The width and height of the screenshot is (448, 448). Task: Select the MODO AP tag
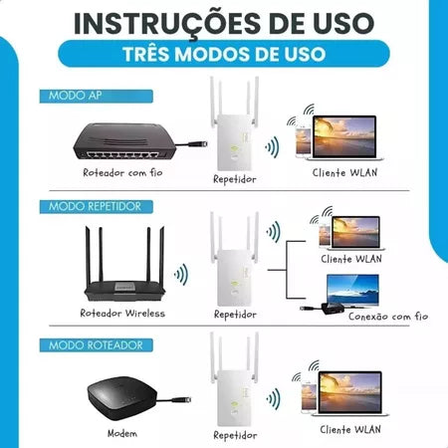click(75, 97)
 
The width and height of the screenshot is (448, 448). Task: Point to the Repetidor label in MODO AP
click(234, 180)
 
